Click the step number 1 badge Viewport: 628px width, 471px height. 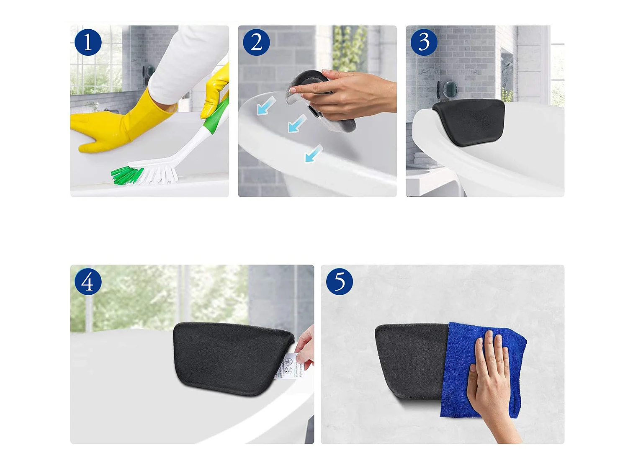click(x=88, y=42)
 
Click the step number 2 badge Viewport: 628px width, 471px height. click(x=256, y=42)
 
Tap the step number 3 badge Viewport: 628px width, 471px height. click(x=424, y=42)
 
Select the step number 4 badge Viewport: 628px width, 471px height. click(x=88, y=282)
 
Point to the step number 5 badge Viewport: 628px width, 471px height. click(x=340, y=282)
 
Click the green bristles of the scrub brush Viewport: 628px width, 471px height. click(x=126, y=175)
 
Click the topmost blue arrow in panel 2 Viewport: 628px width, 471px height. click(x=265, y=106)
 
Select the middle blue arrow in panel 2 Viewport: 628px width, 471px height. click(x=296, y=124)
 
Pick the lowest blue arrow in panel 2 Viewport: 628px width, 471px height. click(x=314, y=153)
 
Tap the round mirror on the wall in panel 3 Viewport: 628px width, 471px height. click(x=450, y=89)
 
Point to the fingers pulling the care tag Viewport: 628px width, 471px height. click(x=305, y=345)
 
